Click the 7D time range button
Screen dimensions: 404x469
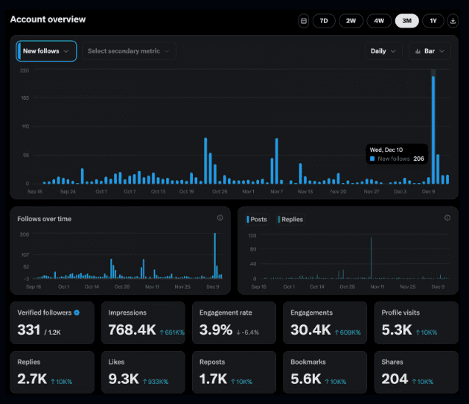click(x=324, y=21)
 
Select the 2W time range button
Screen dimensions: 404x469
click(x=351, y=21)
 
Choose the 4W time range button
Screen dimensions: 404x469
click(x=379, y=21)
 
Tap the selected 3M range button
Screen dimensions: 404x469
click(x=406, y=21)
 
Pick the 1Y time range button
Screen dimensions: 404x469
click(x=433, y=21)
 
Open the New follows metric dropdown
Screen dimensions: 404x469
click(x=46, y=51)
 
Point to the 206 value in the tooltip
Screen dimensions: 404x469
click(x=418, y=158)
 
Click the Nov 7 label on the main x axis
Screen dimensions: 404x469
click(x=277, y=191)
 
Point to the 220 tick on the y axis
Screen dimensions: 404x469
click(x=25, y=71)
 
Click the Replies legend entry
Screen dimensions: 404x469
click(x=290, y=219)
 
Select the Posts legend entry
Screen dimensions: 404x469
click(x=258, y=219)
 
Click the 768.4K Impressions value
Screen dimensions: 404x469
click(x=132, y=329)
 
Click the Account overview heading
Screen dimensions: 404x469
click(x=48, y=19)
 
